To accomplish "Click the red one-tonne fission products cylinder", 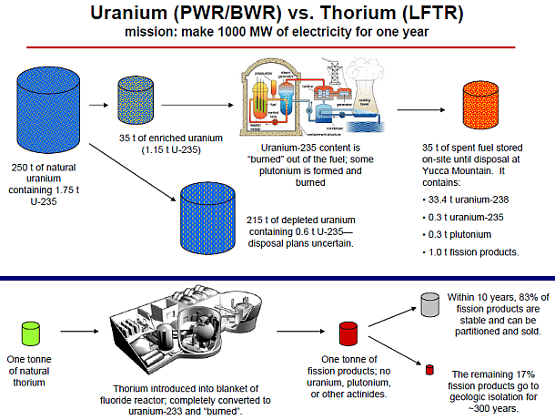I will click(x=346, y=334).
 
